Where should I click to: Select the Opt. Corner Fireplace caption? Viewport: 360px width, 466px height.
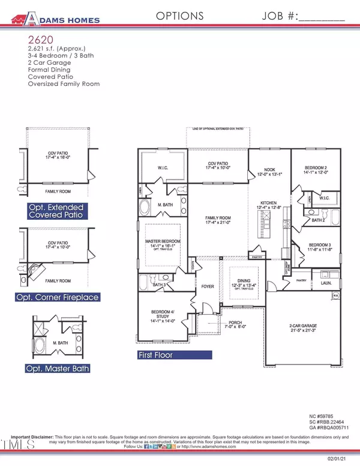[56, 297]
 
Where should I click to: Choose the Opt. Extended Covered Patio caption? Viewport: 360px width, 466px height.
[56, 211]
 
